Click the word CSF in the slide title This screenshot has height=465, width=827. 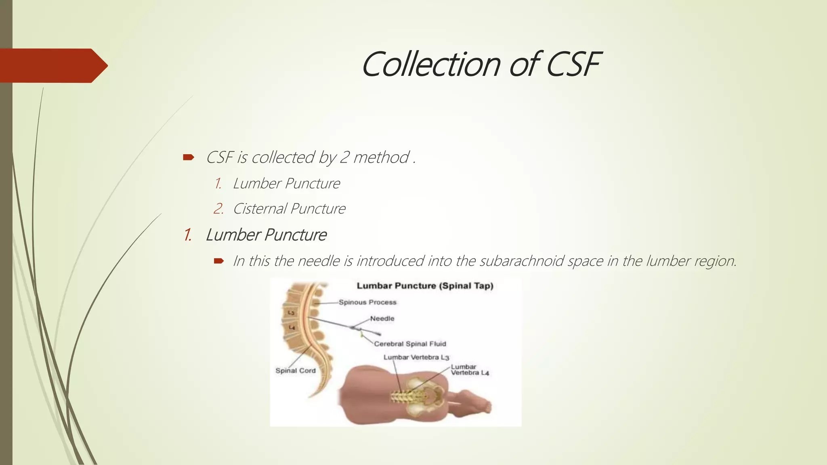(x=573, y=65)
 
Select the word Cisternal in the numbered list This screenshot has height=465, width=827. (x=260, y=209)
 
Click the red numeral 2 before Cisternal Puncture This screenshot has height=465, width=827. (x=218, y=209)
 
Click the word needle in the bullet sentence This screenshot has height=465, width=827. (x=319, y=261)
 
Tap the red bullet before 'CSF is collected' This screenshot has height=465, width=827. (x=189, y=157)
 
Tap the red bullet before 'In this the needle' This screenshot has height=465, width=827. (x=219, y=261)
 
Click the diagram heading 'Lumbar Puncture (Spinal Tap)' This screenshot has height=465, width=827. (x=425, y=286)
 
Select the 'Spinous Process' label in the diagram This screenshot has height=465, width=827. (x=367, y=302)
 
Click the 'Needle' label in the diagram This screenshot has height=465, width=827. (x=382, y=318)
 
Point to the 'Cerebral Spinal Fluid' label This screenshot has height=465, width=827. (x=410, y=344)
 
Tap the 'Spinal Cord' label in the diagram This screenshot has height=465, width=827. (x=295, y=371)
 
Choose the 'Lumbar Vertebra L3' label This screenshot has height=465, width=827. (x=416, y=357)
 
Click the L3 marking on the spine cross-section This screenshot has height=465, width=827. (x=291, y=313)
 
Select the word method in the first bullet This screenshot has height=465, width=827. (x=381, y=157)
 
